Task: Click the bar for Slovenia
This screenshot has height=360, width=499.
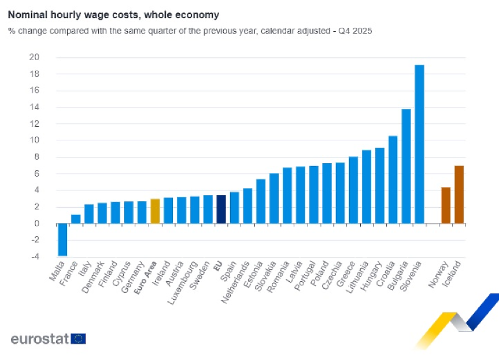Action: tap(419, 144)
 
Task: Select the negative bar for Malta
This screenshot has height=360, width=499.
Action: tap(62, 239)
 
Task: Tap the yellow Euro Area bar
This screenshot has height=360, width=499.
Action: tap(155, 211)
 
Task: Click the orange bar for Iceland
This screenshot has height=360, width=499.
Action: tap(459, 194)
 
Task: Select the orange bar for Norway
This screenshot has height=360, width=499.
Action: tap(446, 205)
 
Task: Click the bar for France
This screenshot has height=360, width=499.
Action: tap(75, 219)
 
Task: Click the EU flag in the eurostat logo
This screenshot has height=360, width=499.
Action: tap(79, 339)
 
